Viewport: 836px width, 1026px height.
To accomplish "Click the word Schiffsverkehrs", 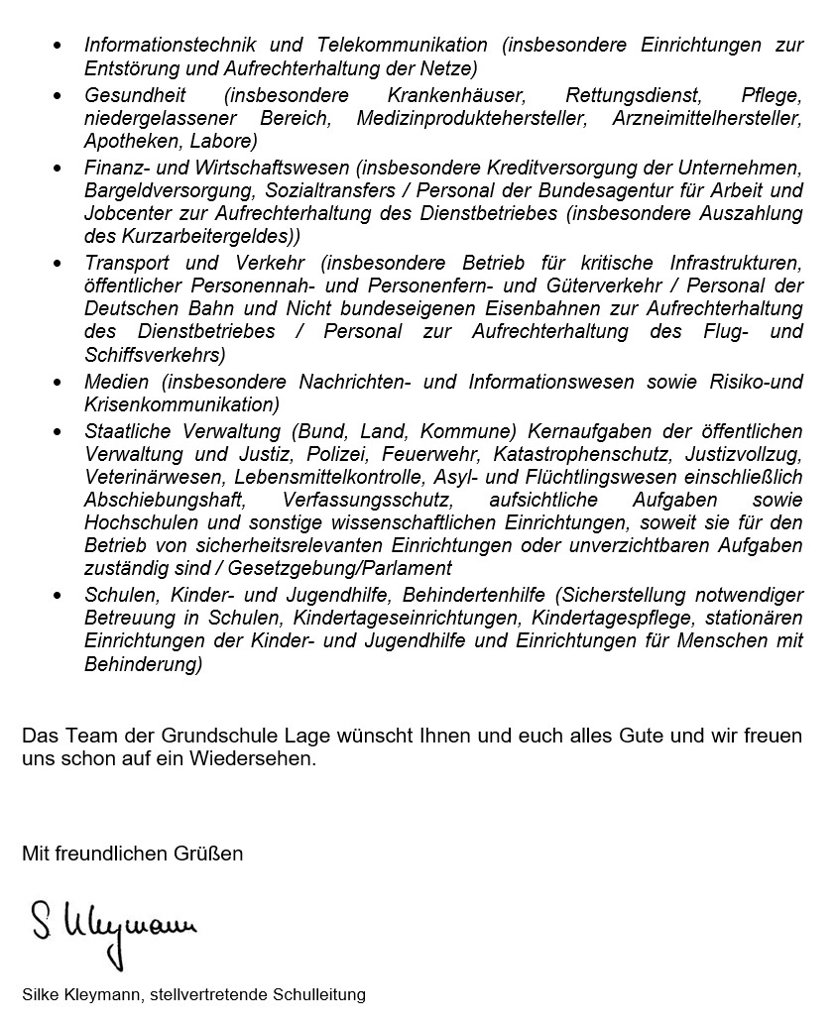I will click(x=155, y=355).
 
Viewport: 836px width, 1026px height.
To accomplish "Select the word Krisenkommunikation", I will click(x=181, y=404).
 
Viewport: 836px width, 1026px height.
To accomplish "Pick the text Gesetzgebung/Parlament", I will click(x=340, y=569).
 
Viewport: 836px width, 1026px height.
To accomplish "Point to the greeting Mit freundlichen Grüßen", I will click(x=133, y=853).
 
